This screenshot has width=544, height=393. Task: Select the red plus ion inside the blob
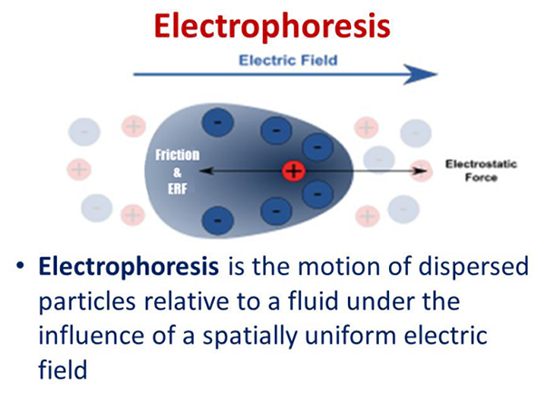(292, 170)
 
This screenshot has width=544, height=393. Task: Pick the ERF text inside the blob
(177, 185)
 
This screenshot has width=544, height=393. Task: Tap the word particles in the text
(85, 300)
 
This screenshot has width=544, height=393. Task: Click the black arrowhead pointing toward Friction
(205, 170)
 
